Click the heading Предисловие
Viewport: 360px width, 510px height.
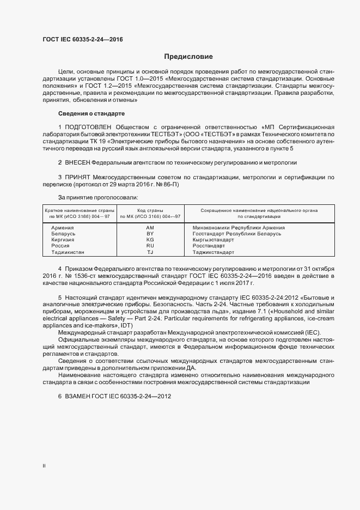188,57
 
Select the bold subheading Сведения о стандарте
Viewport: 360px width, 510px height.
91,113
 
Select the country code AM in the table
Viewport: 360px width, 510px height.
150,228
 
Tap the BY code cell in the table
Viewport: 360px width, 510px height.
150,234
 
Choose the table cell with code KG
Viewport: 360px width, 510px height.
150,240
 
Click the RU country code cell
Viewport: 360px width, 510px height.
150,246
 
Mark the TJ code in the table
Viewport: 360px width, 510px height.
150,252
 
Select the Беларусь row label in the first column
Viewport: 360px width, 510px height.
63,234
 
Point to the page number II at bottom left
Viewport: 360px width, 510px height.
44,465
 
